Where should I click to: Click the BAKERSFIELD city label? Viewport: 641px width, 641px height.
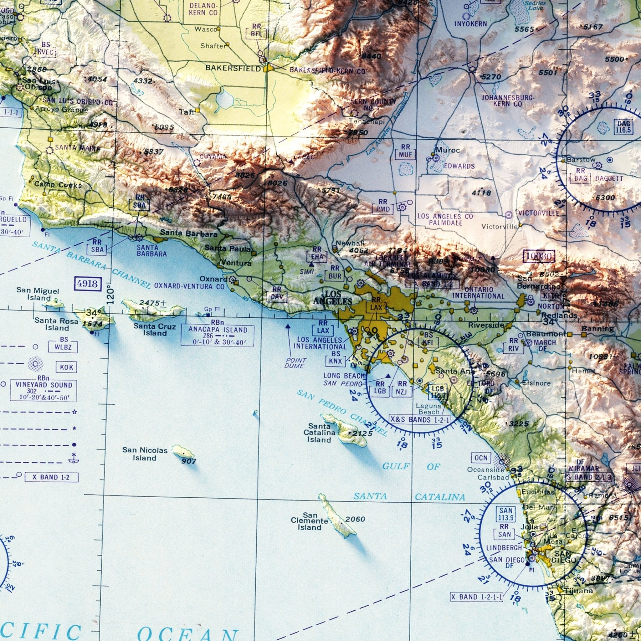pos(233,68)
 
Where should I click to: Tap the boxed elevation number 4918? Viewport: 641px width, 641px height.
pos(88,284)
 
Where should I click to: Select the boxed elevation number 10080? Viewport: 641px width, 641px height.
pos(538,256)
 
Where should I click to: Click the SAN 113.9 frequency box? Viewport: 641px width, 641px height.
pos(506,514)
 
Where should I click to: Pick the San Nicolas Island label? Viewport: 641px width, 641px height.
pos(145,454)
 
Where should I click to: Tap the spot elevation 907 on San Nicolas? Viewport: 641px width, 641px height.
pos(189,461)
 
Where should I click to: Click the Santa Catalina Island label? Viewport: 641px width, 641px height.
pos(319,433)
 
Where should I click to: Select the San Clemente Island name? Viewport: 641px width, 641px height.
pos(309,521)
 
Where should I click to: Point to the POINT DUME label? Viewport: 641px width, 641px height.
pos(295,363)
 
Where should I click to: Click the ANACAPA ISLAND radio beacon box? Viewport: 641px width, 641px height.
pos(218,336)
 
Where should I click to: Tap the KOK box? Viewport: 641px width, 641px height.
pos(66,367)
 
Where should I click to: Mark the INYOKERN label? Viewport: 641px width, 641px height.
pos(470,23)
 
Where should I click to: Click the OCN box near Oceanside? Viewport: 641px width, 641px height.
pos(481,458)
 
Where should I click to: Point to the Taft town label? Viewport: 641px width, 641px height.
pos(187,112)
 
